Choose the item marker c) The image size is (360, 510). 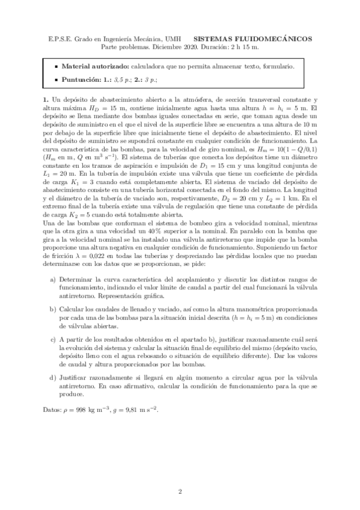53,340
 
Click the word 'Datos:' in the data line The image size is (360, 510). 52,408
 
